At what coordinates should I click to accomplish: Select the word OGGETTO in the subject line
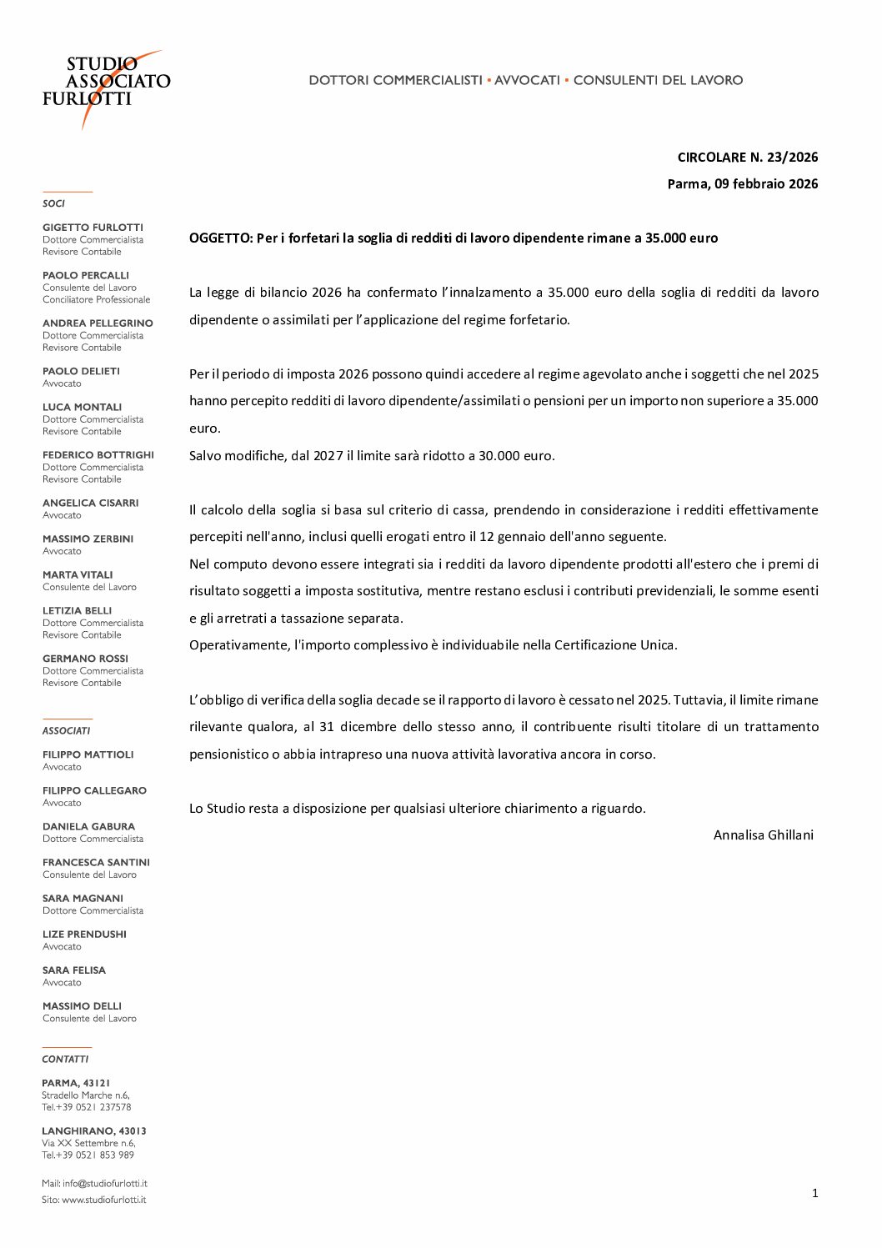[x=219, y=238]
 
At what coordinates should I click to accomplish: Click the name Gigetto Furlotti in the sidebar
[x=93, y=228]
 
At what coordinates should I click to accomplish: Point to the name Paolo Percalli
[x=86, y=275]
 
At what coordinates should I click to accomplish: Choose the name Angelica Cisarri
[x=90, y=503]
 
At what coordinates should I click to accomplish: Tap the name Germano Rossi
[x=85, y=659]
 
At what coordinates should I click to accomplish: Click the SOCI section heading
[x=53, y=203]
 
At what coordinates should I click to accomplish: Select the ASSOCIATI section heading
[x=66, y=731]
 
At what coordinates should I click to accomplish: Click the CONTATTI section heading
[x=65, y=1060]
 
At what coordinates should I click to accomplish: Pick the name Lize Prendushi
[x=84, y=935]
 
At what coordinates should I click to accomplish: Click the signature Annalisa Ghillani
[x=763, y=835]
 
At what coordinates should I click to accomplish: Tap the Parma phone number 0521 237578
[x=104, y=1107]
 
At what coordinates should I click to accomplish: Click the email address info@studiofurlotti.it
[x=104, y=1184]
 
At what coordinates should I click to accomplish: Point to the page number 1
[x=814, y=1194]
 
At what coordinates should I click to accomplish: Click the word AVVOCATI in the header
[x=527, y=80]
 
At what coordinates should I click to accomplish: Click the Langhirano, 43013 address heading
[x=93, y=1131]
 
